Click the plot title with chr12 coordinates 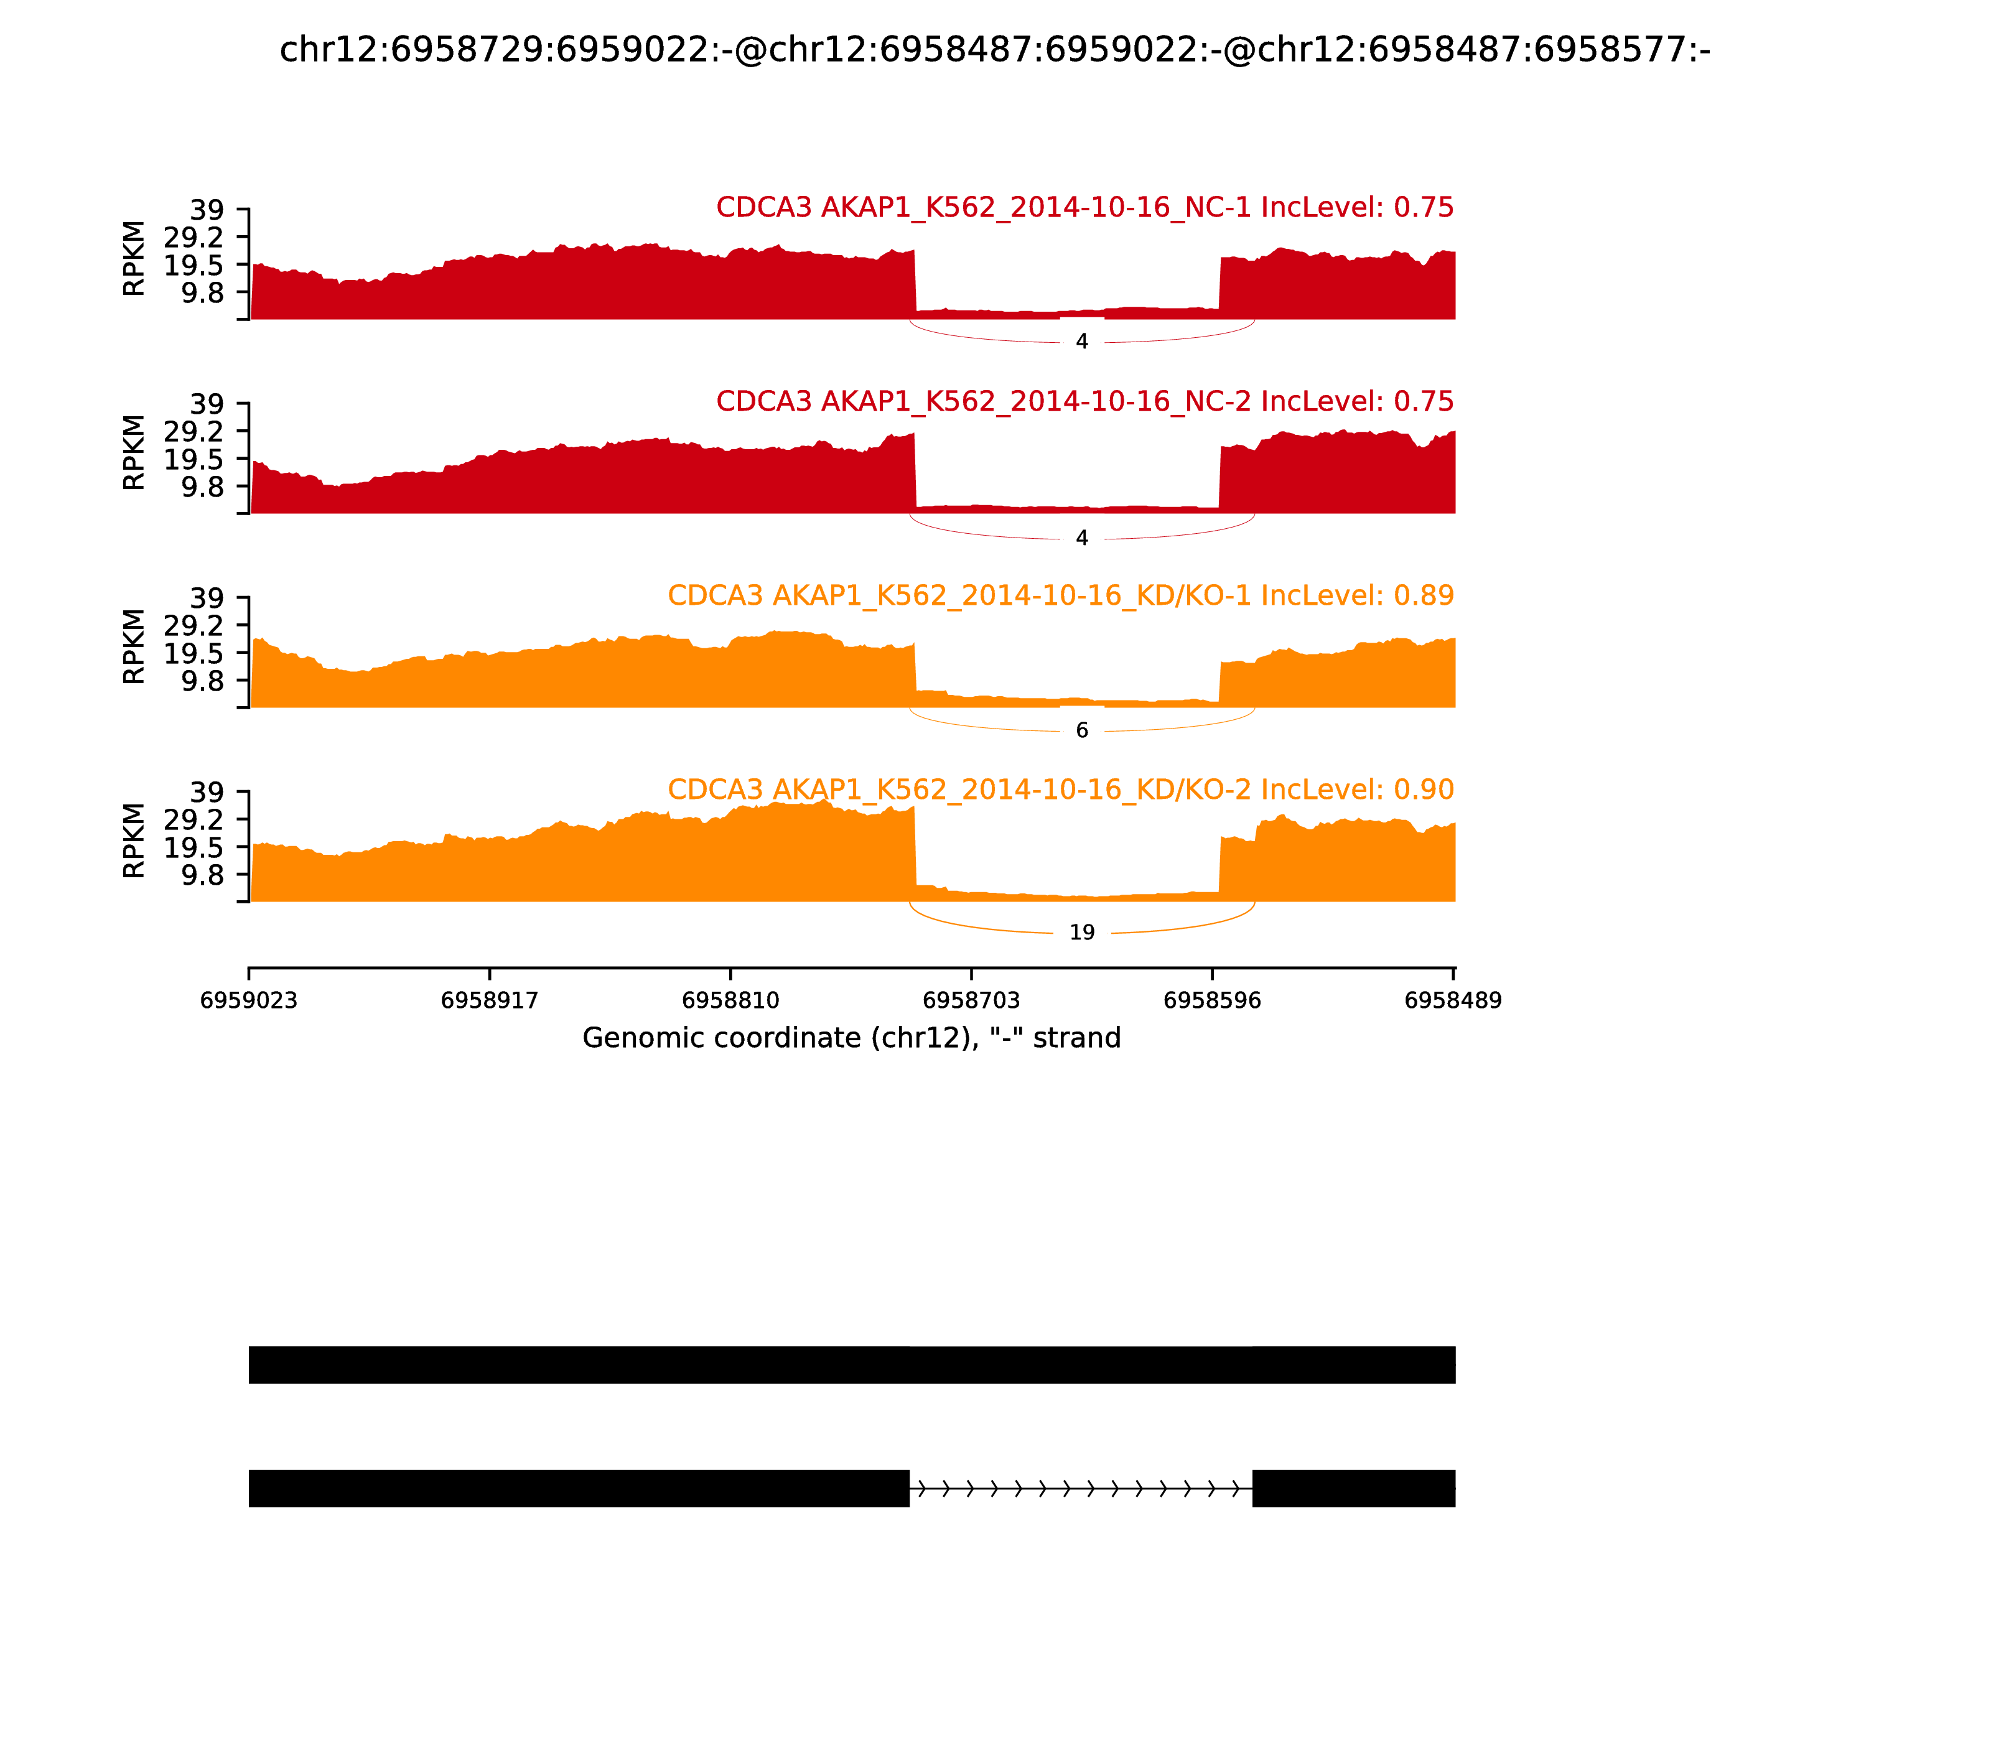994,50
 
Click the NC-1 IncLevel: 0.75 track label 1084,207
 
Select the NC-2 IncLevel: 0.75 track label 1084,401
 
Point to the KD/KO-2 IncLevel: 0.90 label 1060,789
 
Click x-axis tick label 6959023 249,1000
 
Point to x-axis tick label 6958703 971,1000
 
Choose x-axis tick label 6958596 1212,1000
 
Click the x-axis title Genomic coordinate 852,1038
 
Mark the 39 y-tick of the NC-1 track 206,210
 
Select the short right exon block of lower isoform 1353,1488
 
